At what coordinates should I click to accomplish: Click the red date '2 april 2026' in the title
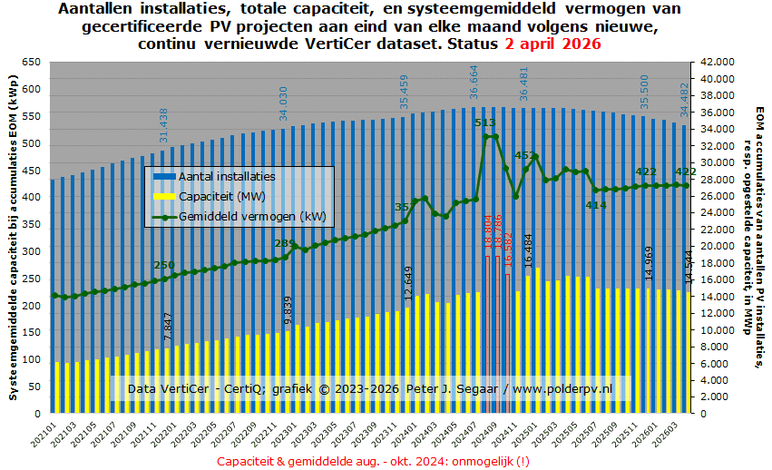pyautogui.click(x=552, y=44)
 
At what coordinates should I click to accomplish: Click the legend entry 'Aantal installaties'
pyautogui.click(x=227, y=176)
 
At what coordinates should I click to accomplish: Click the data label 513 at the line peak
pyautogui.click(x=484, y=122)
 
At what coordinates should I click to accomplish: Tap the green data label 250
pyautogui.click(x=164, y=265)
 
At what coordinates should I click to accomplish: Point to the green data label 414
pyautogui.click(x=595, y=205)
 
